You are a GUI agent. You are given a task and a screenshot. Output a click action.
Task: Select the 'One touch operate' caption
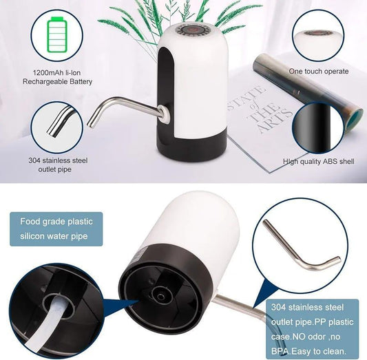(x=318, y=71)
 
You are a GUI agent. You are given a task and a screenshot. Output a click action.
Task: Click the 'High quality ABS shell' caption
(x=319, y=162)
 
